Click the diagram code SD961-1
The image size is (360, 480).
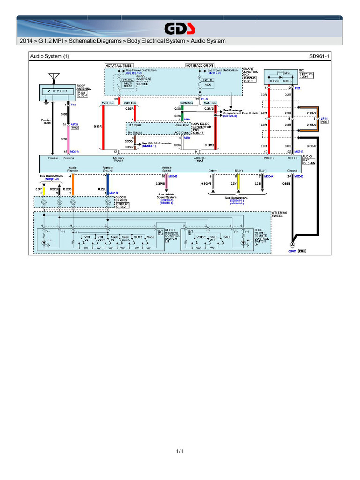click(319, 56)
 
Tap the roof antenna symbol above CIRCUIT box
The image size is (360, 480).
click(54, 77)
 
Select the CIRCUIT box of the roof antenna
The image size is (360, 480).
click(58, 92)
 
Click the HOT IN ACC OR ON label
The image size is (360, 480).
click(200, 65)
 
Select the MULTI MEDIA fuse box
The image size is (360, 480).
click(127, 83)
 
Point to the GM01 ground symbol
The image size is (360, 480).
click(292, 244)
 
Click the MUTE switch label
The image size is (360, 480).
click(138, 238)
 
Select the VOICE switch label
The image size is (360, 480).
click(201, 238)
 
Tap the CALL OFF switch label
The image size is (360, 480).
click(213, 238)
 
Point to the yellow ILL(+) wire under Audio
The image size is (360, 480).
click(238, 182)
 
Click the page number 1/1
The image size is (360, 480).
click(180, 451)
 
